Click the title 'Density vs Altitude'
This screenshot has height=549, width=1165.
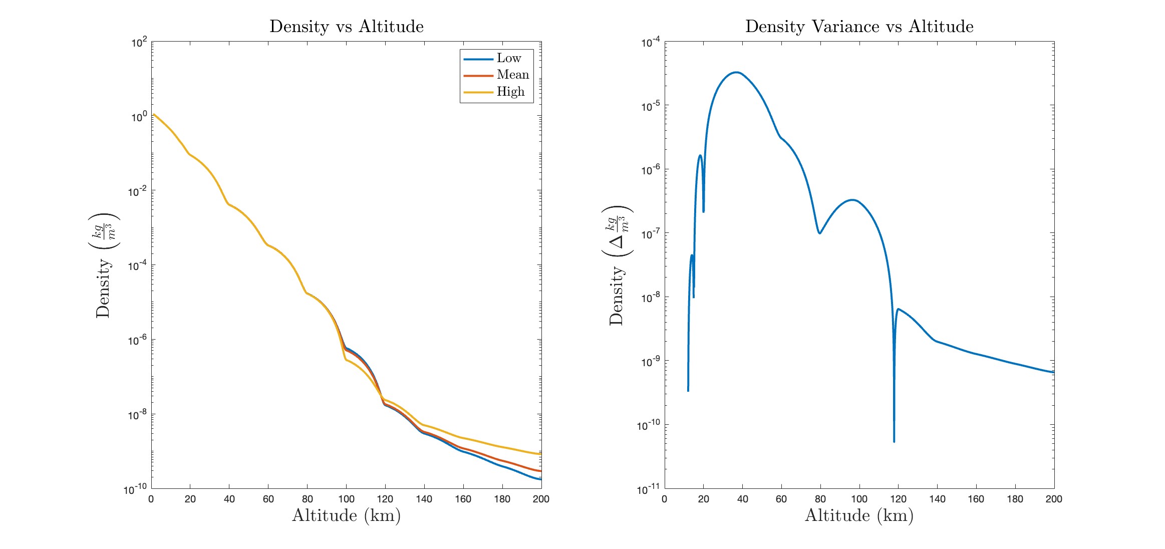point(346,27)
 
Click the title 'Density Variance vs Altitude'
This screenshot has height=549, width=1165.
point(859,27)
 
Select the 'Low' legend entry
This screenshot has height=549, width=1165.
point(509,58)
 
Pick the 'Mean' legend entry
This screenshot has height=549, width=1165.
point(512,75)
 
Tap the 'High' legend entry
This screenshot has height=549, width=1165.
point(510,92)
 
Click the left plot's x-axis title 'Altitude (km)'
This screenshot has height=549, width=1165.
point(346,515)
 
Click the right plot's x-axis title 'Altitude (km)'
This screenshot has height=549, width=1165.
point(859,515)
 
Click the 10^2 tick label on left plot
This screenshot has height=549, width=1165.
point(139,43)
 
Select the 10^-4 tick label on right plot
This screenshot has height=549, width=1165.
point(650,43)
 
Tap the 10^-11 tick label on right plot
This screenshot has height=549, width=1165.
point(649,489)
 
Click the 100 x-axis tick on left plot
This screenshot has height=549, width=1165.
point(346,499)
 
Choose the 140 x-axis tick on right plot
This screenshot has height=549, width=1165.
point(937,499)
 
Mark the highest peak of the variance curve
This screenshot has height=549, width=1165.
point(736,72)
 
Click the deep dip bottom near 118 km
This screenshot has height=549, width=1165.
point(894,441)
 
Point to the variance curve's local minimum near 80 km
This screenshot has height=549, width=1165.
point(820,233)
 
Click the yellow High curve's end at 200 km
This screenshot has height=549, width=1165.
point(540,454)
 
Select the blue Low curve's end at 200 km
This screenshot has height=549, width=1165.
point(540,479)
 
